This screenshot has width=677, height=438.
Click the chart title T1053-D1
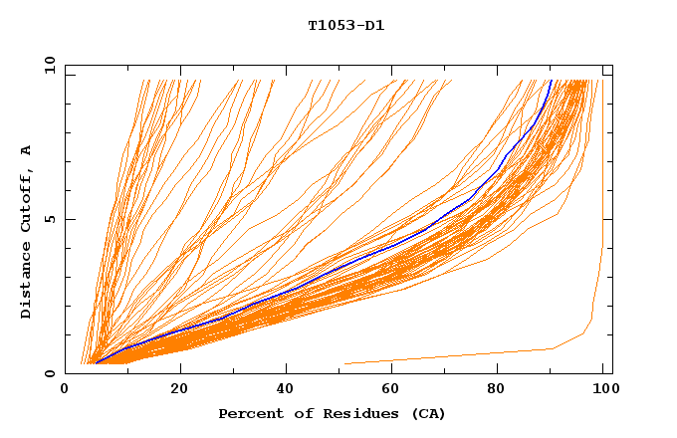click(345, 25)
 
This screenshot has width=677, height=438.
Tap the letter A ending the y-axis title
click(27, 150)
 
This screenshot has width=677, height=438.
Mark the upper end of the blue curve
click(551, 81)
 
